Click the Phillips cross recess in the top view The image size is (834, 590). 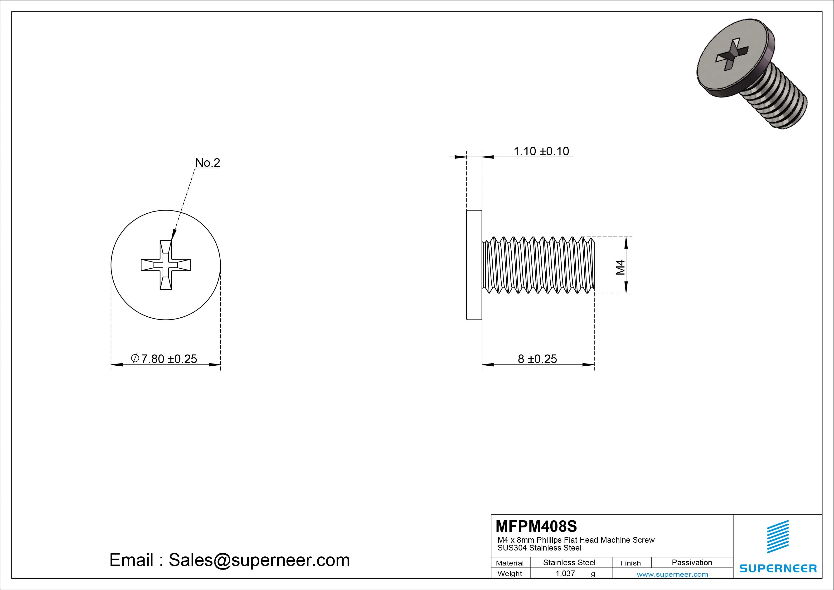[166, 265]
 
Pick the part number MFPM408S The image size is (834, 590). [536, 526]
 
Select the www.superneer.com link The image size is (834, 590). [672, 574]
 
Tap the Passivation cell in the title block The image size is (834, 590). [692, 562]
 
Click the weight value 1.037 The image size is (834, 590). [565, 574]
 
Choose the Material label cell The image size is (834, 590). [510, 563]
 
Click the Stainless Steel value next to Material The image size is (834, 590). [569, 562]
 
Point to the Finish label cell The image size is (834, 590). [630, 563]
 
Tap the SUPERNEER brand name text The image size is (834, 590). [778, 568]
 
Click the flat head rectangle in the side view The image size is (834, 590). [474, 265]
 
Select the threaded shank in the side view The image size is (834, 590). [538, 265]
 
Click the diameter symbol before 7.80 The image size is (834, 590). [135, 359]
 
